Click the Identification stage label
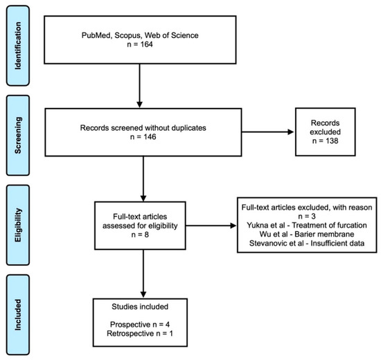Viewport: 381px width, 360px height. [x=18, y=46]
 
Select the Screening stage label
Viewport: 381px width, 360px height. [x=18, y=135]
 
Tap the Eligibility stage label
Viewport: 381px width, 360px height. [x=18, y=225]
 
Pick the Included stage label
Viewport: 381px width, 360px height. [x=18, y=315]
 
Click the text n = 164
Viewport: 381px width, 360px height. [x=140, y=44]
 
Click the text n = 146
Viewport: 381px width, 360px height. [x=143, y=137]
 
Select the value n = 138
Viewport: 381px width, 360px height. [x=325, y=141]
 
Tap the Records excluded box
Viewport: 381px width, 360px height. [x=326, y=132]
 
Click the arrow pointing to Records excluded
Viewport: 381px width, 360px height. [x=268, y=132]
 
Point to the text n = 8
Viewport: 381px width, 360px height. [x=140, y=235]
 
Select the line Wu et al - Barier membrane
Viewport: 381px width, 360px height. [x=307, y=234]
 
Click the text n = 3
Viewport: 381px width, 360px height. [x=307, y=216]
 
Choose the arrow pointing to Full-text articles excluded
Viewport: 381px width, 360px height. [x=211, y=226]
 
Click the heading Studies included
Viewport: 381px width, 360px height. [x=140, y=307]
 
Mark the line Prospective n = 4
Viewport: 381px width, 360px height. [x=140, y=324]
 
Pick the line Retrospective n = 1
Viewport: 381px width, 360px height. [x=140, y=333]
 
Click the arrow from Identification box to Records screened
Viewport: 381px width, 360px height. [x=139, y=86]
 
